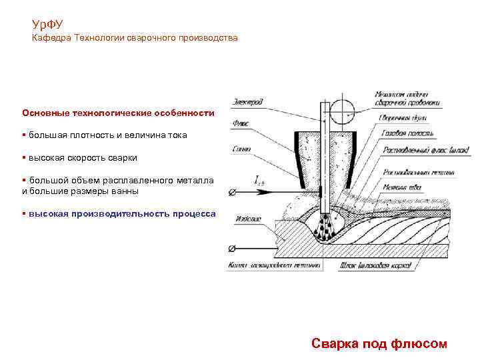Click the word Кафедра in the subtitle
coord(51,39)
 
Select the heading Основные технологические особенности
coord(118,113)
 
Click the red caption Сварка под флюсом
coord(379,343)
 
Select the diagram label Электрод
coord(247,102)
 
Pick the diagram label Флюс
coord(241,123)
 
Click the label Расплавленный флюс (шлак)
coord(417,150)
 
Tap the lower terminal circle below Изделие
coord(232,249)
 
